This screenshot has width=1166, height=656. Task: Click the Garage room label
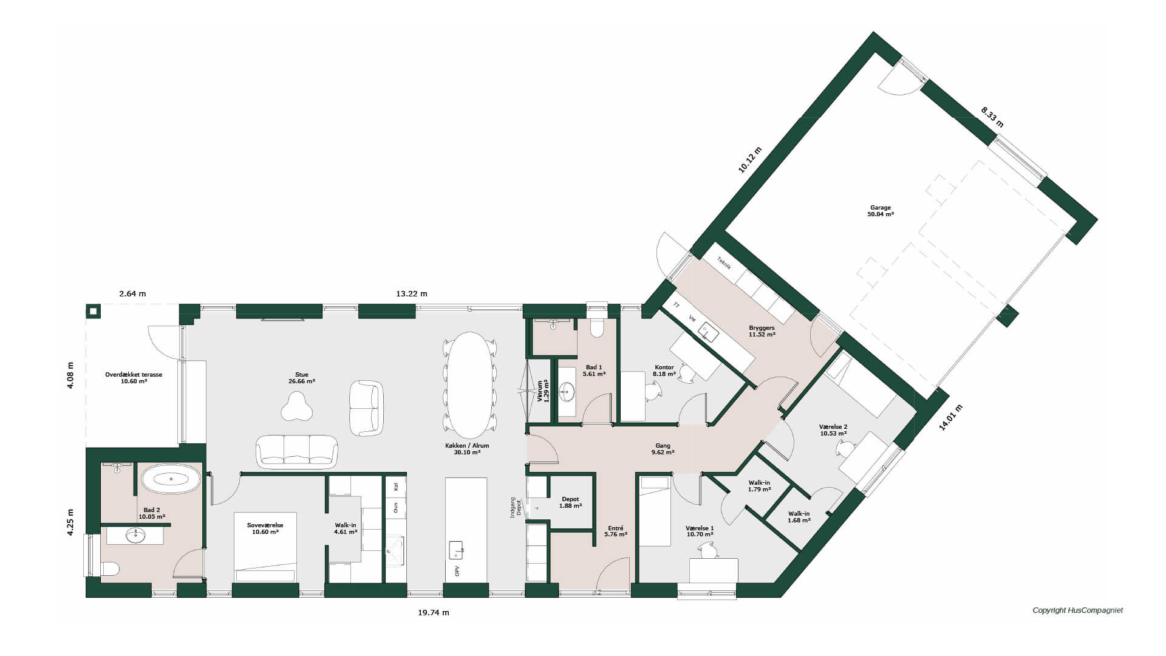pyautogui.click(x=881, y=211)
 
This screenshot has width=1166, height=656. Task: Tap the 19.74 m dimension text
pyautogui.click(x=434, y=612)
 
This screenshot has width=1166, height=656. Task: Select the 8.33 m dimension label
pyautogui.click(x=992, y=117)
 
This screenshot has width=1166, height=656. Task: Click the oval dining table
pyautogui.click(x=470, y=384)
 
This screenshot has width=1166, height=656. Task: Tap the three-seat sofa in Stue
pyautogui.click(x=297, y=451)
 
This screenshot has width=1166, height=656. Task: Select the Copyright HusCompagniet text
pyautogui.click(x=1078, y=610)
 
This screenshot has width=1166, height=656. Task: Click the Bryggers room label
pyautogui.click(x=762, y=331)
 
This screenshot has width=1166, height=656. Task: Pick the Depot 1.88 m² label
pyautogui.click(x=570, y=502)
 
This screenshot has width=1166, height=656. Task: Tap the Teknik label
pyautogui.click(x=724, y=263)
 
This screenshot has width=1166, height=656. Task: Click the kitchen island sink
pyautogui.click(x=455, y=550)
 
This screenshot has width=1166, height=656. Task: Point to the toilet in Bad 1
pyautogui.click(x=596, y=324)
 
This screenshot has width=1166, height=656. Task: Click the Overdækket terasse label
pyautogui.click(x=134, y=378)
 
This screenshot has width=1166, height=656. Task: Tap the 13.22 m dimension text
pyautogui.click(x=412, y=293)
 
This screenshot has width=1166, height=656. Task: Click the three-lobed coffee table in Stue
pyautogui.click(x=297, y=406)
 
